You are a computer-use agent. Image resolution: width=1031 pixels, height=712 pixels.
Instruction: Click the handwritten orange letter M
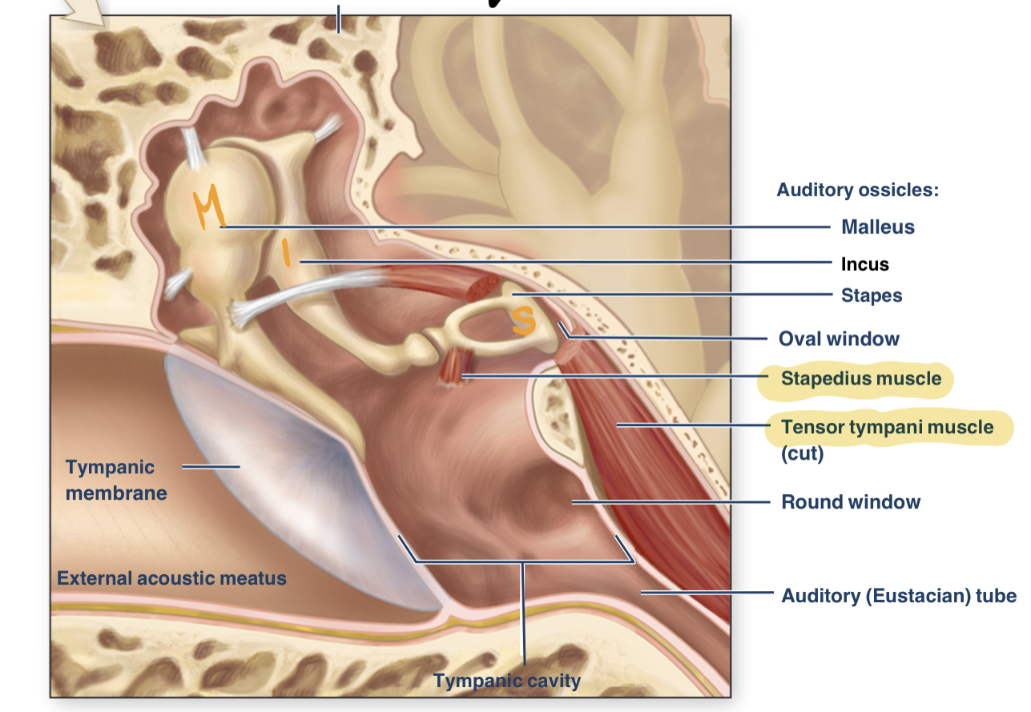210,209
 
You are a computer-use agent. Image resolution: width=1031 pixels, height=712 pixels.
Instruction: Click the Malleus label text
877,227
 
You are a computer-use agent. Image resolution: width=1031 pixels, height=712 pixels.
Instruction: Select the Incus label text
864,264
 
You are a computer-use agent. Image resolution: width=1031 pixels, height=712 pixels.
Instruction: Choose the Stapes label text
871,296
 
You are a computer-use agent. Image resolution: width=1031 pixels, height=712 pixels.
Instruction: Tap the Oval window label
839,339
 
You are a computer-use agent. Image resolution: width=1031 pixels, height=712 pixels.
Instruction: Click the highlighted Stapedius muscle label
861,378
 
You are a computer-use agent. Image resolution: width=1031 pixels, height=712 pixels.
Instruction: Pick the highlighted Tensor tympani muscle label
887,427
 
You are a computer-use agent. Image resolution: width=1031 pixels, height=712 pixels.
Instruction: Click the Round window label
851,502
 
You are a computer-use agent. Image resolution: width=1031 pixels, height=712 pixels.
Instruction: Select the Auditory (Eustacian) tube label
898,596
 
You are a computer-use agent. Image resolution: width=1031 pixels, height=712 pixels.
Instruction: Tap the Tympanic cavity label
506,682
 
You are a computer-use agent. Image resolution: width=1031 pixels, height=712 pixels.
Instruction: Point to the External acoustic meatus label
171,577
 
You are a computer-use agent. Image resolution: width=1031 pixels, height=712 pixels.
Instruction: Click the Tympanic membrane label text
116,480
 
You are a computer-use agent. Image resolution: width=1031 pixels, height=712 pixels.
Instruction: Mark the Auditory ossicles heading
857,190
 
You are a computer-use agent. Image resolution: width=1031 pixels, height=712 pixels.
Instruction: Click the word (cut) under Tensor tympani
802,454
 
